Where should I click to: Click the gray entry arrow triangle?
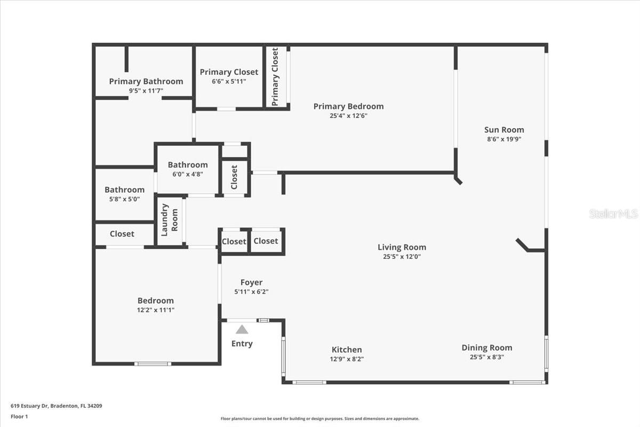242,329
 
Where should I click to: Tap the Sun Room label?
504,130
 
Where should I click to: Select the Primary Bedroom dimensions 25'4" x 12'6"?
348,116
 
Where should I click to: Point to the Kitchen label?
347,350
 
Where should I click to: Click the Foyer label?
251,282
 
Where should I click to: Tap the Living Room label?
402,247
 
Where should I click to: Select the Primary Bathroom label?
146,82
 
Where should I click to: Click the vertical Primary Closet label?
275,77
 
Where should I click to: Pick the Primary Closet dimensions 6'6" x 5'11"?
229,82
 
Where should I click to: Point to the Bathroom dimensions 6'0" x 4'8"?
187,174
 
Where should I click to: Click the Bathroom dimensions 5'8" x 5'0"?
124,199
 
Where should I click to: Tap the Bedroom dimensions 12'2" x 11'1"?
155,310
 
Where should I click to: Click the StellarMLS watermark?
613,214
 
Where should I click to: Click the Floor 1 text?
19,416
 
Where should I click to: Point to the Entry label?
242,344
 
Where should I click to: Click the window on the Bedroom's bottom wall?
153,364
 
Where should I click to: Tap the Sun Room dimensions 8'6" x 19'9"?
504,139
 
